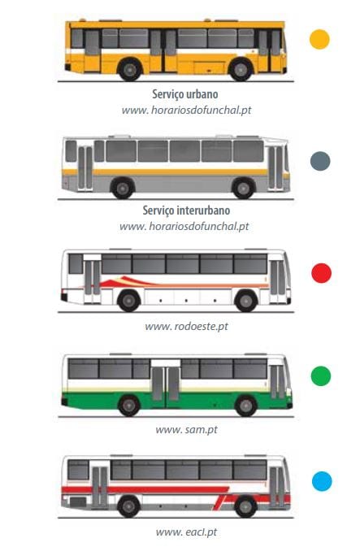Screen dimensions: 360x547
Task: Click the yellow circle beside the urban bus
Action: tap(319, 39)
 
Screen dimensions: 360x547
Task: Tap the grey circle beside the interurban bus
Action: tap(320, 161)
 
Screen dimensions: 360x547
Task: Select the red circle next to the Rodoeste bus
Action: tap(321, 273)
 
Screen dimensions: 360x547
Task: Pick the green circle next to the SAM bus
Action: tap(320, 376)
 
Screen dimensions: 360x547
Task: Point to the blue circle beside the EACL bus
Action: tap(322, 481)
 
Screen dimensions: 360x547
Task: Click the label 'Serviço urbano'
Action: tap(185, 94)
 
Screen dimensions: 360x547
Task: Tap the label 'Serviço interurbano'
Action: tap(186, 211)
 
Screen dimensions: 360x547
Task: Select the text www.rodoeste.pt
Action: tap(186, 327)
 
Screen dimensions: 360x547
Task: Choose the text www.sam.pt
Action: tap(186, 429)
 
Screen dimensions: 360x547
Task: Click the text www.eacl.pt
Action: tap(186, 532)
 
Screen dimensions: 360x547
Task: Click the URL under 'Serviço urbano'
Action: tap(186, 111)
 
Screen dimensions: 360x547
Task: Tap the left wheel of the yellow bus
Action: tap(130, 69)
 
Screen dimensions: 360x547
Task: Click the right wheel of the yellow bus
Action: tap(241, 69)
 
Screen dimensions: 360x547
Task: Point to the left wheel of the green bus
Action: tap(129, 406)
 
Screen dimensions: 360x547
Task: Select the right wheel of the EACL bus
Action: tap(245, 506)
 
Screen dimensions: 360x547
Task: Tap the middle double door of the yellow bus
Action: tap(163, 50)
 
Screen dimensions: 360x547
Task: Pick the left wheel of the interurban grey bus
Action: tap(123, 189)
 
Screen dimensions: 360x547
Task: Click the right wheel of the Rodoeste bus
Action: tap(246, 301)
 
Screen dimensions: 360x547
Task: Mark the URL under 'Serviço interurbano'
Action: tap(184, 227)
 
